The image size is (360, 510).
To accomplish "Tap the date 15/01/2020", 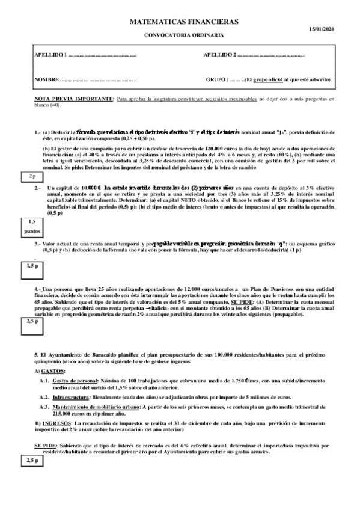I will tap(321, 29).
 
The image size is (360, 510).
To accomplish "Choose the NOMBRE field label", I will tap(46, 80).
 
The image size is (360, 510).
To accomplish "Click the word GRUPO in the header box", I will tap(216, 80).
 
